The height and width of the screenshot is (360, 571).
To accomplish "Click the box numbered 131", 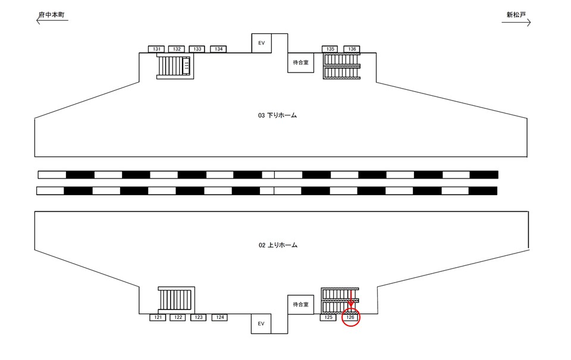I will pyautogui.click(x=156, y=49).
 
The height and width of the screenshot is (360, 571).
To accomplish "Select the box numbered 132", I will pyautogui.click(x=177, y=49).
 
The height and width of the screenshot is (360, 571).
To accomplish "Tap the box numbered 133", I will pyautogui.click(x=197, y=49).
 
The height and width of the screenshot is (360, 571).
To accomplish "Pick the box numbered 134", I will pyautogui.click(x=218, y=49).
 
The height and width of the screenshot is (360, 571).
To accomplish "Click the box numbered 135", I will pyautogui.click(x=330, y=49).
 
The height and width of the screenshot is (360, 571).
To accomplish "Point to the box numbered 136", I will pyautogui.click(x=352, y=49).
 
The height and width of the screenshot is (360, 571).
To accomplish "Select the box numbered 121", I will pyautogui.click(x=158, y=318).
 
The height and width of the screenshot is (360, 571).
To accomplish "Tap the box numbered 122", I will pyautogui.click(x=178, y=318).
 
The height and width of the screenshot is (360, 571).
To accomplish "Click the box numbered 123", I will pyautogui.click(x=199, y=318).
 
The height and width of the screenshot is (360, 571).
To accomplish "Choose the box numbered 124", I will pyautogui.click(x=219, y=318).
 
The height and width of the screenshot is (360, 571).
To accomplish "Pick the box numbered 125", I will pyautogui.click(x=328, y=318).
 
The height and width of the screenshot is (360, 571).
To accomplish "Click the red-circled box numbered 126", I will pyautogui.click(x=350, y=318).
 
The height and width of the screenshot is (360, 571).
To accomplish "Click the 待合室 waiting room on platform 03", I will pyautogui.click(x=300, y=62).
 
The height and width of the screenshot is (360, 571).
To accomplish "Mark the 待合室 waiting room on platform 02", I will pyautogui.click(x=300, y=305).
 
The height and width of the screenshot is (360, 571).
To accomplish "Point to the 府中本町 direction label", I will pyautogui.click(x=52, y=14).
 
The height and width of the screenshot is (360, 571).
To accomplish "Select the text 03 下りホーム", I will pyautogui.click(x=277, y=115).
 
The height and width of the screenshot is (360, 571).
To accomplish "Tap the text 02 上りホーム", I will pyautogui.click(x=277, y=245).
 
